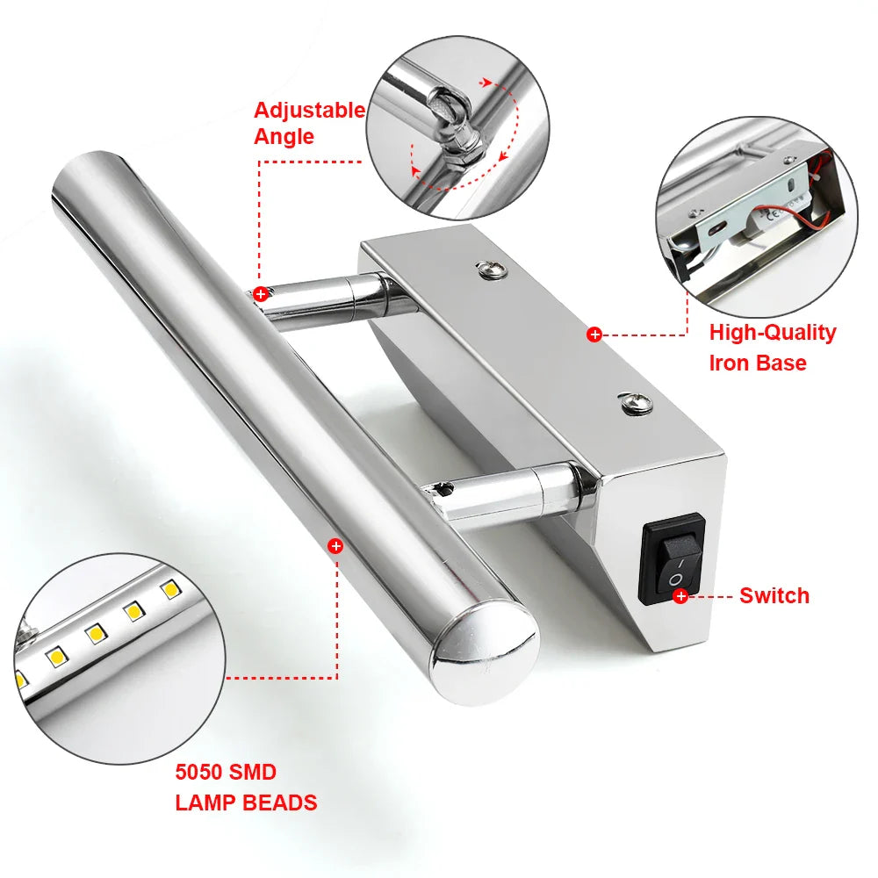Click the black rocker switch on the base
[673, 559]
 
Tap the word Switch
[774, 595]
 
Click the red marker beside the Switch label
[680, 597]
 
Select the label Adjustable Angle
[308, 123]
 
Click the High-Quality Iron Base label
[772, 347]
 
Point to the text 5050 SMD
[226, 773]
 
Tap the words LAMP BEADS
[246, 802]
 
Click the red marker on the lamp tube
[335, 546]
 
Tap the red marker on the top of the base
[594, 335]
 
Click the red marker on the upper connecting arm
[261, 294]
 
